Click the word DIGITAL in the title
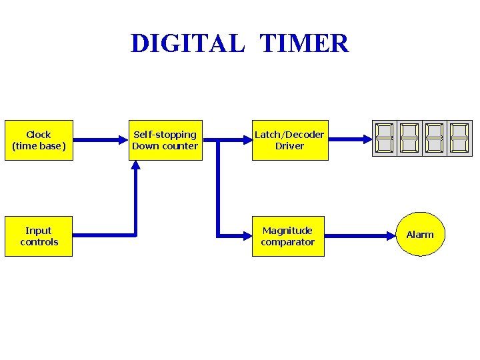(188, 44)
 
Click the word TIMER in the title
(304, 44)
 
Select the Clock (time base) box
(39, 140)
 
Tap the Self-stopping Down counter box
(165, 140)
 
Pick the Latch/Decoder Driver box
(289, 140)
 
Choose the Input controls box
(39, 236)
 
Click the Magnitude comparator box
(287, 236)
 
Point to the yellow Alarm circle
(420, 235)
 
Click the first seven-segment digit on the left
(384, 139)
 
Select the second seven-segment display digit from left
(409, 139)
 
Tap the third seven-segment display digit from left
(434, 139)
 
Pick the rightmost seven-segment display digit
(459, 139)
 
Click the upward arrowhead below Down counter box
(136, 167)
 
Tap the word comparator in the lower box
(287, 242)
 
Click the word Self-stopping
(165, 135)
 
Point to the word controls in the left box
(39, 242)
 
